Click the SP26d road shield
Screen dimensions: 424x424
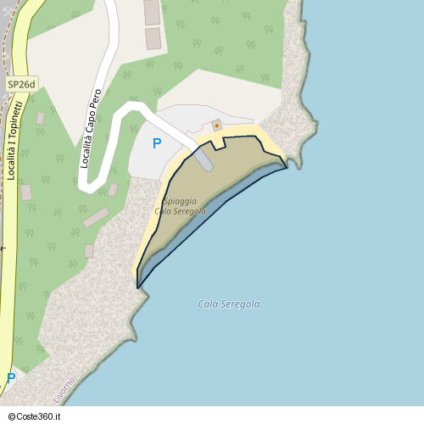(21, 84)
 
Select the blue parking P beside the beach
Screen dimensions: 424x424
(156, 144)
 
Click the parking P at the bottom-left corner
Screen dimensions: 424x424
(11, 378)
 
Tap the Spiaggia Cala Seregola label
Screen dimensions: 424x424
(180, 206)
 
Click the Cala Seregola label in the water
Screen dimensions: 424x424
(228, 304)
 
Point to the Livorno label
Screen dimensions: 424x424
(64, 389)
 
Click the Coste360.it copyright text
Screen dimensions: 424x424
(42, 417)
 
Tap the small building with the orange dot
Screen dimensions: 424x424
(216, 126)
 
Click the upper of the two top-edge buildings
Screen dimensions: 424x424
(152, 12)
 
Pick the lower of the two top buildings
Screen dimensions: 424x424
(153, 38)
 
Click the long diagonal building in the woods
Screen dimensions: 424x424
(96, 218)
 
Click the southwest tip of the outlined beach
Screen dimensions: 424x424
(137, 287)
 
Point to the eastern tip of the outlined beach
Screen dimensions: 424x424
(287, 167)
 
